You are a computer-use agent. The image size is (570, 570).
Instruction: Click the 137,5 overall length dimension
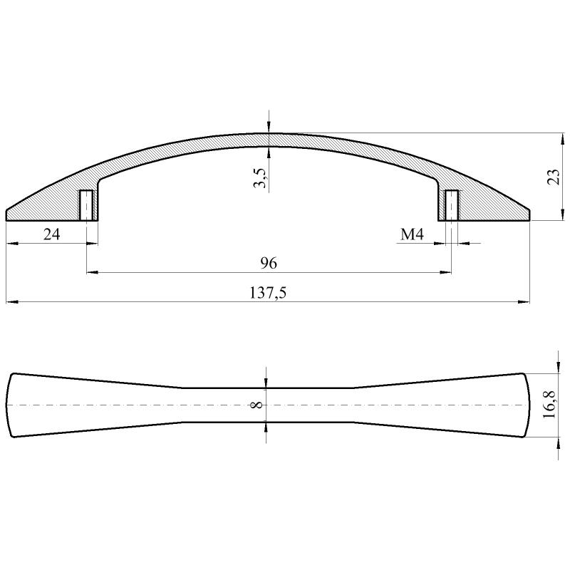point(268,293)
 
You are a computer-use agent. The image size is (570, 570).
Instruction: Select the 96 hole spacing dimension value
point(268,263)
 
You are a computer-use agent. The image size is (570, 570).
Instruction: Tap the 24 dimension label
point(51,234)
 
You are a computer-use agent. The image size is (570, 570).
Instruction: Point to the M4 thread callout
point(413,234)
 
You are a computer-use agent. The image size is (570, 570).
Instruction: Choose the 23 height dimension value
point(554,177)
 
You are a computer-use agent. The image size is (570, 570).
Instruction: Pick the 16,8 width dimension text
point(549,405)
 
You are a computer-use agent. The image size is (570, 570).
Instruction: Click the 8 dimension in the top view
point(257,405)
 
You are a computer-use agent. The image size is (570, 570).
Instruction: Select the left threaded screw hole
point(85,206)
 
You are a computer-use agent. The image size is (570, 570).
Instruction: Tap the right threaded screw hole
point(451,206)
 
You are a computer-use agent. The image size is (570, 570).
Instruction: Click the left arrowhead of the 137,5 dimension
point(10,303)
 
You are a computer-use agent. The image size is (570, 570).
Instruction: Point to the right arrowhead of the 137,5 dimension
point(525,303)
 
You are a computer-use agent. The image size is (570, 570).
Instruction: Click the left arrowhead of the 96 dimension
point(91,272)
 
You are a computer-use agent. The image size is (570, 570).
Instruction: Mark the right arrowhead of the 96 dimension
point(446,272)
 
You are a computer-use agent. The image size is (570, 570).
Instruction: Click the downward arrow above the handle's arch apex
point(268,128)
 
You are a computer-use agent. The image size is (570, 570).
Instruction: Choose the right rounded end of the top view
point(528,405)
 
